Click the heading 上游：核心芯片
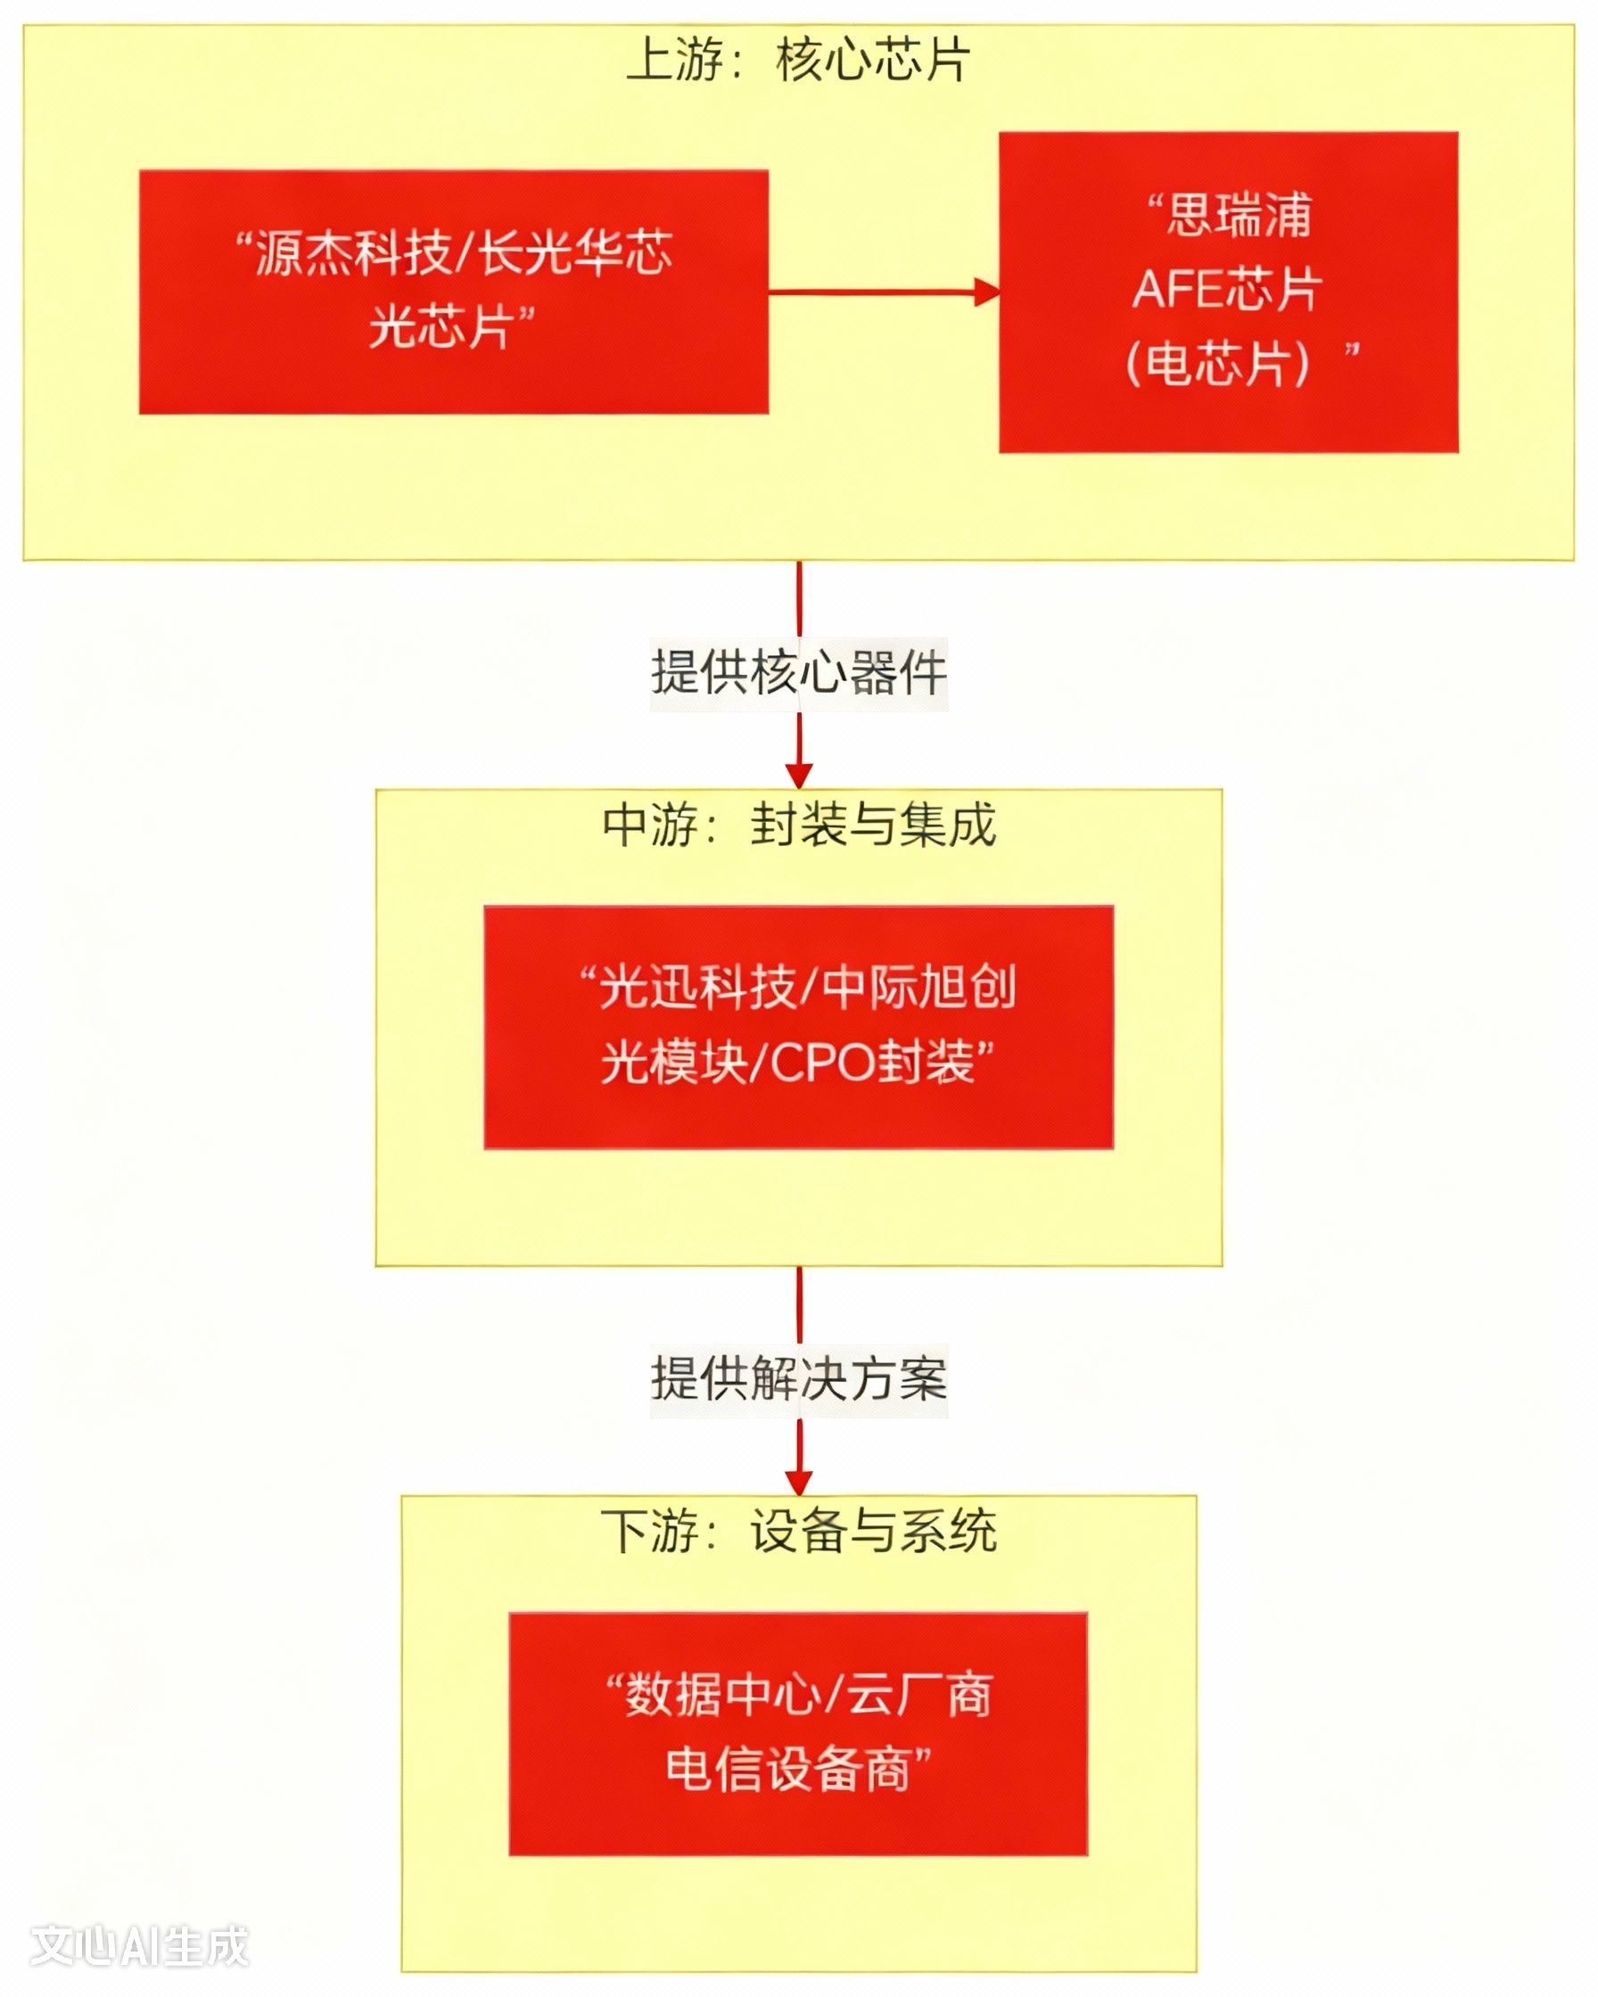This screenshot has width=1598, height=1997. (797, 62)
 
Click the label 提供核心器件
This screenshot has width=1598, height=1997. (798, 673)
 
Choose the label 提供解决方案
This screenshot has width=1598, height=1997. (798, 1379)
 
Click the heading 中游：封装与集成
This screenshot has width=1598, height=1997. (798, 825)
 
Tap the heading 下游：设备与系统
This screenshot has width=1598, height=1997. (798, 1531)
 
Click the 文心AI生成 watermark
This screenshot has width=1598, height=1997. (140, 1946)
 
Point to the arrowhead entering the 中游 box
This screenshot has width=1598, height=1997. (798, 777)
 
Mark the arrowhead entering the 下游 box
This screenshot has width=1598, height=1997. (798, 1482)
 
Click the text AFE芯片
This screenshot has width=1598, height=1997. (1226, 289)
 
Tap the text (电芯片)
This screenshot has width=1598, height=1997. (1217, 363)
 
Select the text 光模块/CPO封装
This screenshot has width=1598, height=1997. (787, 1063)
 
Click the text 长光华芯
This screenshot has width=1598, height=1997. (575, 252)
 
